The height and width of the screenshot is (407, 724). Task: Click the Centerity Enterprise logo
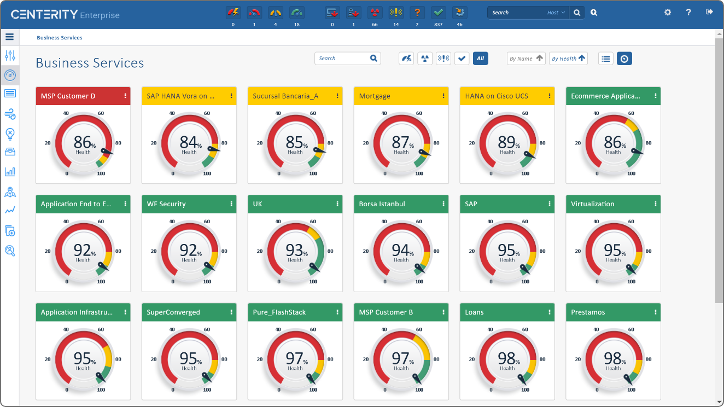[x=65, y=15]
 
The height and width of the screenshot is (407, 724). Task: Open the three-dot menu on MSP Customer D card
[x=125, y=96]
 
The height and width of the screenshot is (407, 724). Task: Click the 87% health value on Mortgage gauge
[x=401, y=143]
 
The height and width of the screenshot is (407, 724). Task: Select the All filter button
[x=480, y=59]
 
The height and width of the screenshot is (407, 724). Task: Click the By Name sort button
[x=526, y=59]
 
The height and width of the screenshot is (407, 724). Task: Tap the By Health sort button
[x=568, y=59]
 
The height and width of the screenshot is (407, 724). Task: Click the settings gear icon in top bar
[x=668, y=12]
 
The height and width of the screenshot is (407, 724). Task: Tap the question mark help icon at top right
[x=688, y=12]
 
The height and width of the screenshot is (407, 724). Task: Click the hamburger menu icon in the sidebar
[x=9, y=37]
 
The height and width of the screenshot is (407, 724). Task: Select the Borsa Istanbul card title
[x=382, y=204]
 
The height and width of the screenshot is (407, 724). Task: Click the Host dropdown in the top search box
[x=556, y=13]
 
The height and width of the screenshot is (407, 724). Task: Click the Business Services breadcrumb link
[x=60, y=38]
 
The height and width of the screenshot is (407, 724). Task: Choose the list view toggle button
[x=605, y=59]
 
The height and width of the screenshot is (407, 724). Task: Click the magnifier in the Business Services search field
[x=373, y=59]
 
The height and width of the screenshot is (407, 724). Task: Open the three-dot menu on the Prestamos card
[x=656, y=312]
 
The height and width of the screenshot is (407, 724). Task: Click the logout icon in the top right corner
[x=710, y=12]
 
